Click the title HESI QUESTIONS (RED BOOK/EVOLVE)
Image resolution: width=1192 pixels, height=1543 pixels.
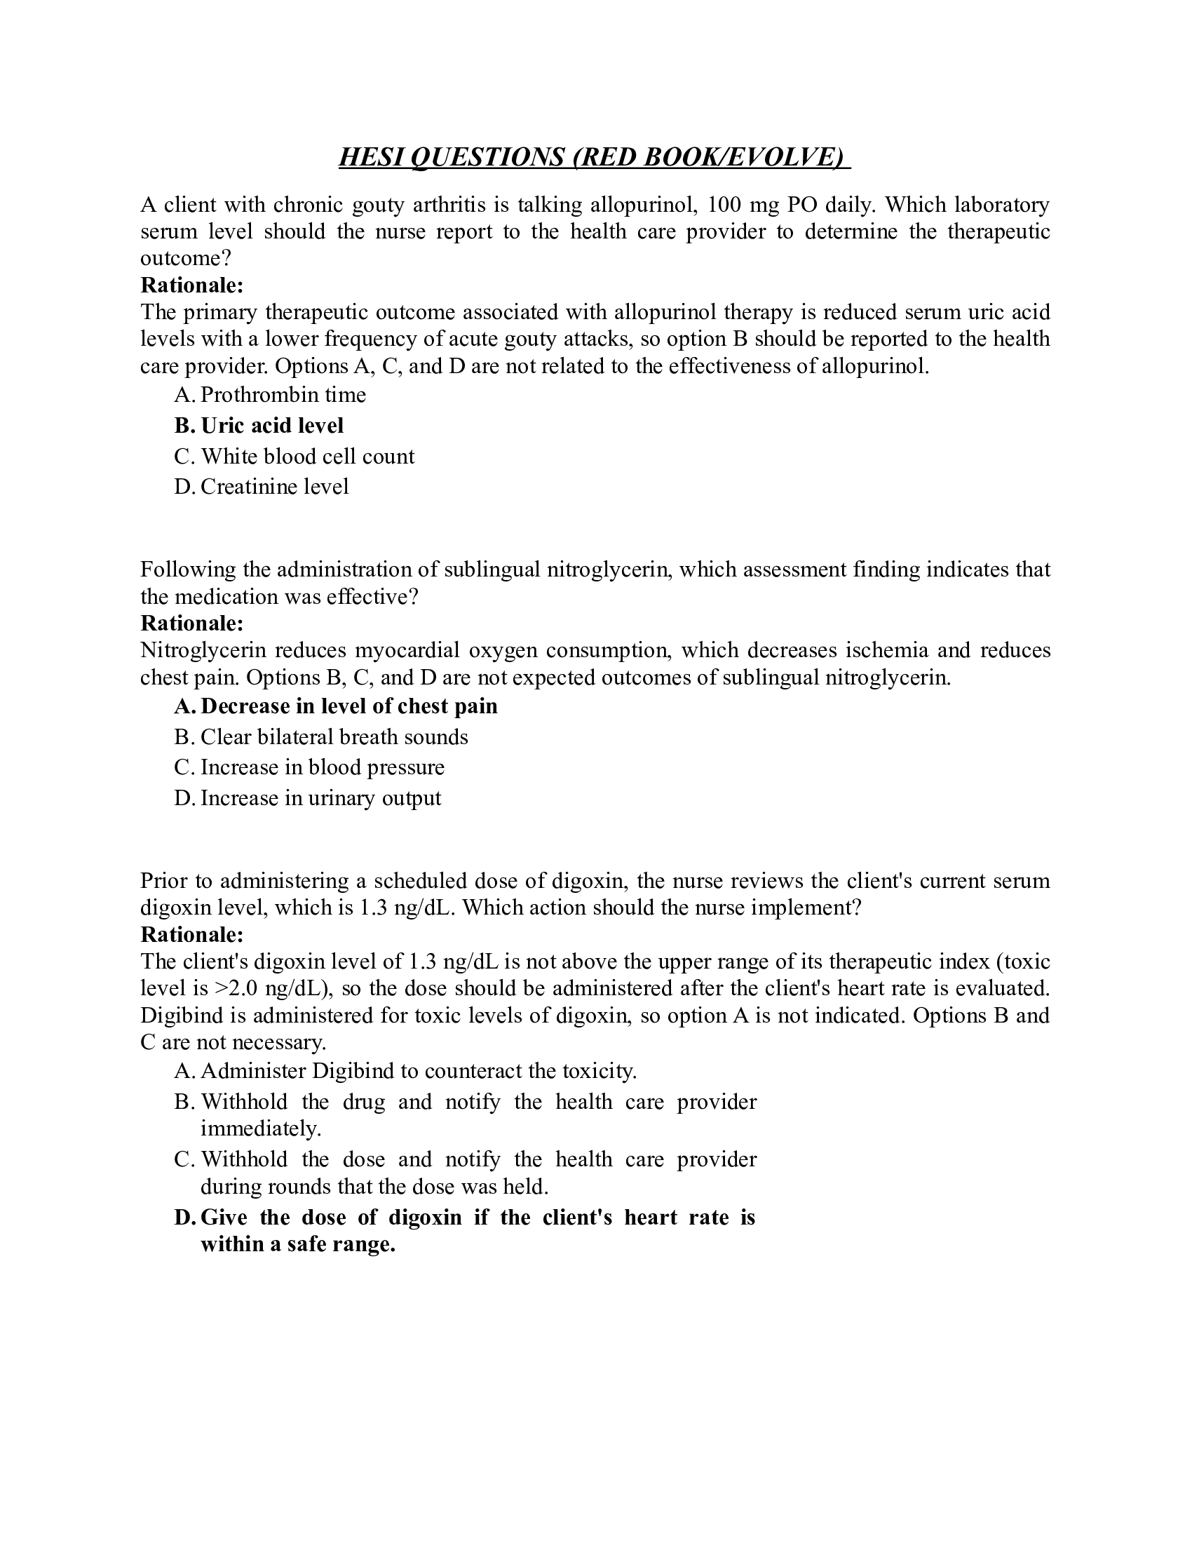pyautogui.click(x=594, y=157)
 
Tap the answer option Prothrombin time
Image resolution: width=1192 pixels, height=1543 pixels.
pyautogui.click(x=283, y=394)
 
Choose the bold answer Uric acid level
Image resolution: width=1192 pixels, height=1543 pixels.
pyautogui.click(x=273, y=425)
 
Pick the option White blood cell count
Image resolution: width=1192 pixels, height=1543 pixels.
pyautogui.click(x=308, y=457)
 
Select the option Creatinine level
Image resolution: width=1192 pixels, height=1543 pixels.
pyautogui.click(x=275, y=487)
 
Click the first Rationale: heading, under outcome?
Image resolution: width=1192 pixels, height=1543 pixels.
pyautogui.click(x=192, y=285)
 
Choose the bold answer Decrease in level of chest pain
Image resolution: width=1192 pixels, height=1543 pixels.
pyautogui.click(x=350, y=706)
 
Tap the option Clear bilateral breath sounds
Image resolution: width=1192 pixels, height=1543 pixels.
pyautogui.click(x=334, y=738)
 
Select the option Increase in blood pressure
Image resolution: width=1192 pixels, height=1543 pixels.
pyautogui.click(x=323, y=768)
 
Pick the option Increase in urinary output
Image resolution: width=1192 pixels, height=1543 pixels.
pyautogui.click(x=320, y=798)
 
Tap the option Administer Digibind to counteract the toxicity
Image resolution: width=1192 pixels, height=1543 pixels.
pyautogui.click(x=419, y=1071)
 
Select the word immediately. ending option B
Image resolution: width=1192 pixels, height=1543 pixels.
pyautogui.click(x=261, y=1128)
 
